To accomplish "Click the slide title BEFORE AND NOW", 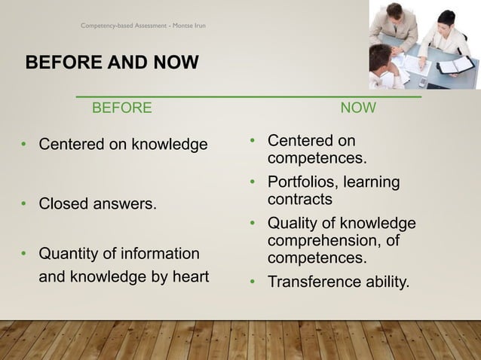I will (112, 61).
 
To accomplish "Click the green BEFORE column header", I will (121, 108).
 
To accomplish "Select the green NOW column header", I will (358, 108).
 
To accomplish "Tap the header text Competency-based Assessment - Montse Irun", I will (143, 26).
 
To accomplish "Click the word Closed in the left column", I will (63, 203).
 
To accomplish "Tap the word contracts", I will (300, 200).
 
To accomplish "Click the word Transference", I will (311, 282).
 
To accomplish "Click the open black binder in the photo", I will (455, 66).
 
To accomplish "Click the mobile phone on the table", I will (422, 81).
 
